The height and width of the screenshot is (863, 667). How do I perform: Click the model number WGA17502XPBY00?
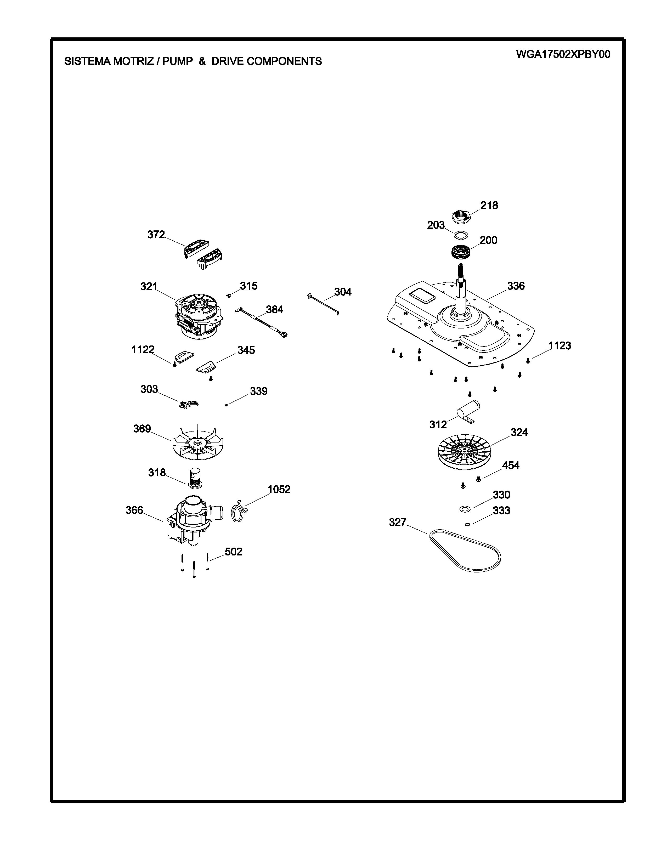563,55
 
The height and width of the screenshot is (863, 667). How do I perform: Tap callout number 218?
489,206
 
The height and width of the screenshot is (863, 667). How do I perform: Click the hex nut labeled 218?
461,217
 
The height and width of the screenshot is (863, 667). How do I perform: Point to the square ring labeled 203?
460,236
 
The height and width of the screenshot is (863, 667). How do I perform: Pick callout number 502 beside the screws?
234,552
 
